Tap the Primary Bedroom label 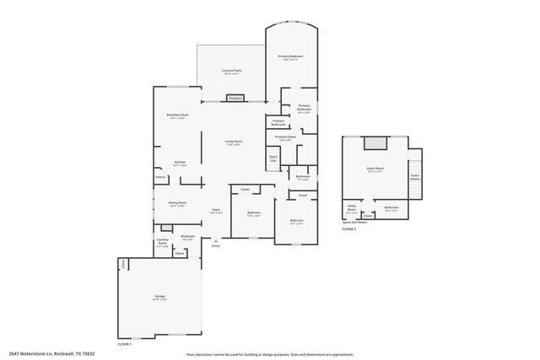point(291,56)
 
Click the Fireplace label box point(235,99)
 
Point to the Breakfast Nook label point(177,115)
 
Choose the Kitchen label point(180,163)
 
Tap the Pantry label point(159,177)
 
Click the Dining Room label point(177,203)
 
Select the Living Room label point(234,141)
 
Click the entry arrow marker point(215,240)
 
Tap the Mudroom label point(187,237)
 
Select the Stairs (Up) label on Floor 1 point(273,158)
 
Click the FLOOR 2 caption point(349,229)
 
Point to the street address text point(51,353)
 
